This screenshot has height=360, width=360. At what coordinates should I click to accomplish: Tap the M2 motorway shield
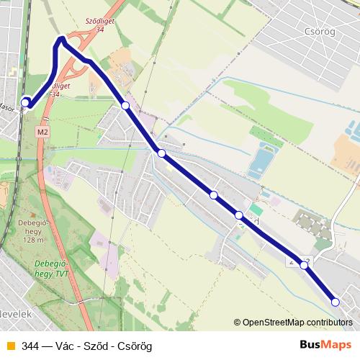click(43, 132)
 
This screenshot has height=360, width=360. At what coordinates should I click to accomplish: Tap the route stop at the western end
click(26, 103)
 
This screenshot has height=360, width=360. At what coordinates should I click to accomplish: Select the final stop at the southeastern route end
click(335, 302)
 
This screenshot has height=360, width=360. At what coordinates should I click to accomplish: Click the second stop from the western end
click(125, 106)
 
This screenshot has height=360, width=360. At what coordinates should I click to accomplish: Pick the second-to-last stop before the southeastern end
click(305, 266)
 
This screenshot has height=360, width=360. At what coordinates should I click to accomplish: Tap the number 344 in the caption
click(30, 346)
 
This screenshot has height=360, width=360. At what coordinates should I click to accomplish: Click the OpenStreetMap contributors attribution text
click(297, 323)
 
